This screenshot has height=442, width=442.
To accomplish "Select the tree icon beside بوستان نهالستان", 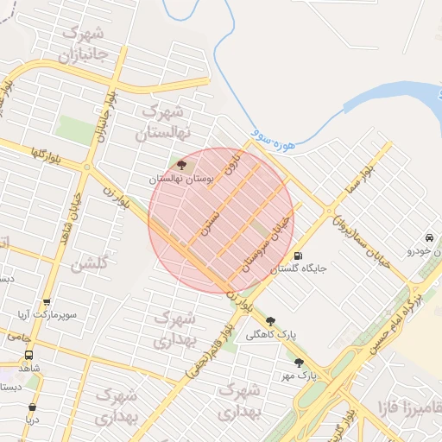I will point(181,164).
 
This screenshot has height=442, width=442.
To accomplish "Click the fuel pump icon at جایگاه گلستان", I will point(299,256).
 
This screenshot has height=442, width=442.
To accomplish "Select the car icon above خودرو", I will point(429,237).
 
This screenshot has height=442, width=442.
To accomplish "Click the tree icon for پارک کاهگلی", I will point(271,321).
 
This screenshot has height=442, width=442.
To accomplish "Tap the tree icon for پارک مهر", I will point(300,363).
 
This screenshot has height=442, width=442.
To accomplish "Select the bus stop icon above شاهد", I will point(29,355).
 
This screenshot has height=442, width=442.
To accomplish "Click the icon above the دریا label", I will point(32,407).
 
